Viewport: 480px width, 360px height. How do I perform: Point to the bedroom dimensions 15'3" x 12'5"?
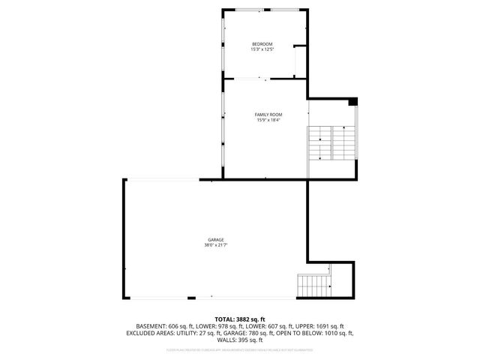tap(262, 50)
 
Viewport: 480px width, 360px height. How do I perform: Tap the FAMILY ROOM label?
tap(267, 115)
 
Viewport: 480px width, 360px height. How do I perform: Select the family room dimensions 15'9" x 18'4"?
tap(267, 120)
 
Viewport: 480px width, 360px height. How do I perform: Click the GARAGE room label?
tap(215, 240)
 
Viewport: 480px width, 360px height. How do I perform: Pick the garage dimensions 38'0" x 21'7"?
tap(215, 245)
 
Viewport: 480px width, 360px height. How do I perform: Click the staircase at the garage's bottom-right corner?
tap(313, 286)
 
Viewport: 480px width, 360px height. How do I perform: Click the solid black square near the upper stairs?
tap(353, 102)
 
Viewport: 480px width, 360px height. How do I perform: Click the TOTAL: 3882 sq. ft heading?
tap(240, 320)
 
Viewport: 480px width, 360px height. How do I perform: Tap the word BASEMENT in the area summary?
tap(151, 326)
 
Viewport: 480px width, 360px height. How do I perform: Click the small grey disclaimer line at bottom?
tap(240, 349)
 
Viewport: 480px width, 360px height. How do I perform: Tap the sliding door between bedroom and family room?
tap(249, 78)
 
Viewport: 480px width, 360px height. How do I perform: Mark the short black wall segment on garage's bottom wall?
tap(191, 298)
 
